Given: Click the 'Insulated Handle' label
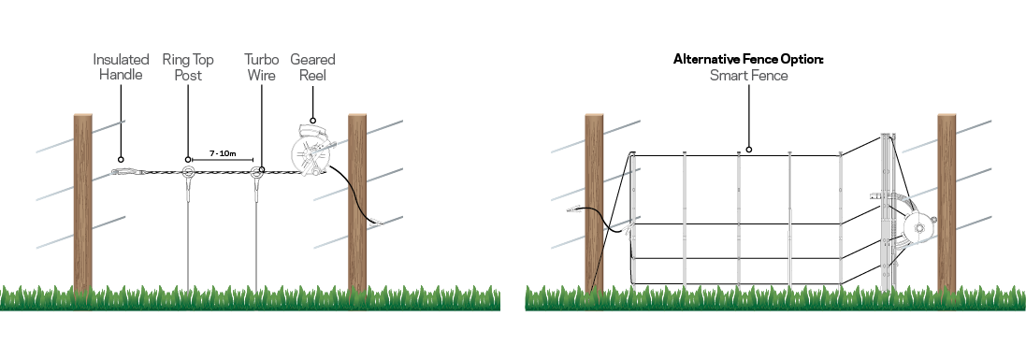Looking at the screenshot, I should point(121,67).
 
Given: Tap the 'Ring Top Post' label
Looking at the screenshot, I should point(188,67).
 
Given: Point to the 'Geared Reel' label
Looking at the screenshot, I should point(312,67).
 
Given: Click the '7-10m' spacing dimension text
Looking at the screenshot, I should point(222,151).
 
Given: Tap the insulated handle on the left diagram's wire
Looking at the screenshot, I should point(125,172).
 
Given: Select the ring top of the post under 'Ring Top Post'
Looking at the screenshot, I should point(188,172).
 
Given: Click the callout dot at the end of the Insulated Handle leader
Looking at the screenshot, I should point(121,160).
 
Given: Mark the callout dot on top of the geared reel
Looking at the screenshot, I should point(312,121).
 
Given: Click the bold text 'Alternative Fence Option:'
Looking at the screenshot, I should point(748,59).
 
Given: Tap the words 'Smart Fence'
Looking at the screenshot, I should point(748,75).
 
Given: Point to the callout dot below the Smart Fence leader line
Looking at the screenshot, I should point(748,149).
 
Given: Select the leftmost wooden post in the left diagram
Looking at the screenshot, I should point(83,201).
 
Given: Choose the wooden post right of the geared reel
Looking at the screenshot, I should point(357,201).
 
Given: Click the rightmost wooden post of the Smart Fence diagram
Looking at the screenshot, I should point(947,201).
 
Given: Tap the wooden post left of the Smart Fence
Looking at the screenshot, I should point(595,201).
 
